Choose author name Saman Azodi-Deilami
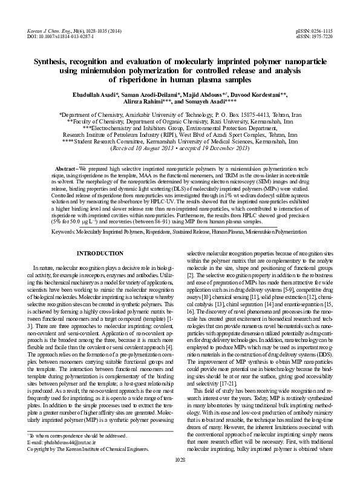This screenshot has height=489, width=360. point(157,95)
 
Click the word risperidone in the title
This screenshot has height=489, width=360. point(133,78)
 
